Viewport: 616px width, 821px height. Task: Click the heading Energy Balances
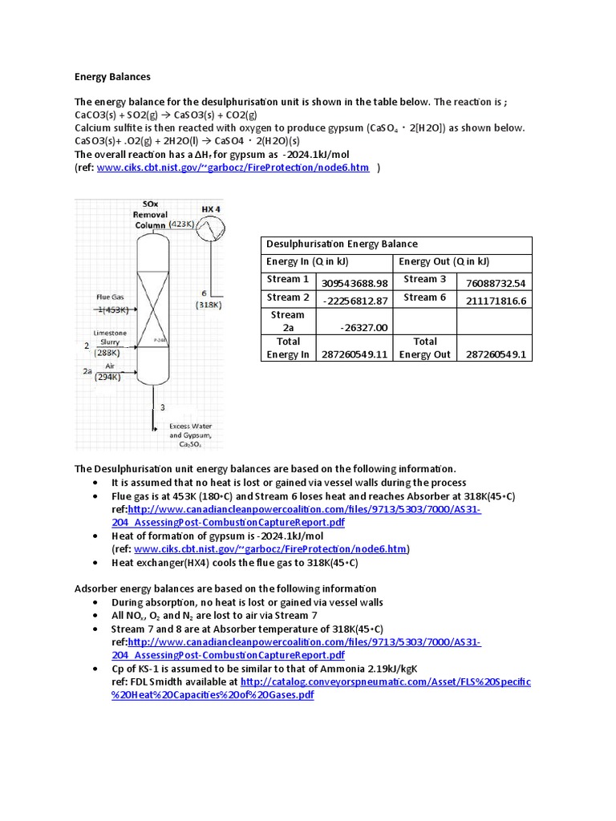(112, 77)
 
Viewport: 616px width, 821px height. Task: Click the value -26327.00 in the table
(363, 327)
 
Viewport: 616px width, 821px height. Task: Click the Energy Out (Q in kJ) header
(444, 261)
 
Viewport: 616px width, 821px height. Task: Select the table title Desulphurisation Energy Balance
(342, 244)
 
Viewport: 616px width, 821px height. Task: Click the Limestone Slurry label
(110, 338)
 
